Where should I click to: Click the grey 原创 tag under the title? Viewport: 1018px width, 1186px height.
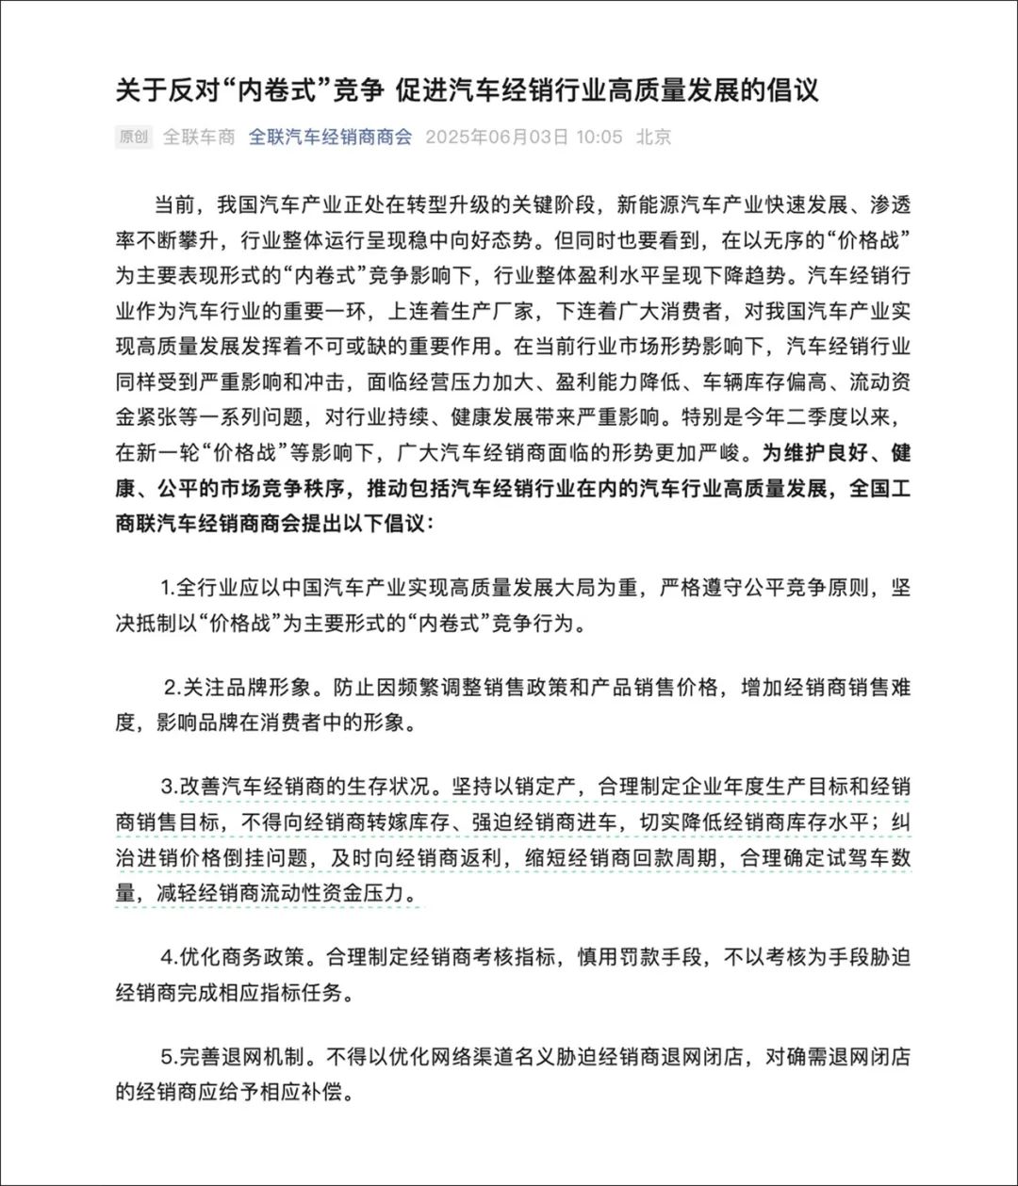click(x=134, y=137)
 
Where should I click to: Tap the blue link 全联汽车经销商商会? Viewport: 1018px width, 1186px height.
click(x=330, y=137)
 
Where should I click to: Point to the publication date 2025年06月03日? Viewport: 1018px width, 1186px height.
click(x=497, y=137)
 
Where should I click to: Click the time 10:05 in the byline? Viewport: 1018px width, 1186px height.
click(x=599, y=137)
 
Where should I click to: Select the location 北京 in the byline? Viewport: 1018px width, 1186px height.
click(x=653, y=137)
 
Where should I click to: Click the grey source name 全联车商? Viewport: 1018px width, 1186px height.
click(x=199, y=137)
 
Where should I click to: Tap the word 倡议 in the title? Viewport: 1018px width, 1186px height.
click(x=796, y=89)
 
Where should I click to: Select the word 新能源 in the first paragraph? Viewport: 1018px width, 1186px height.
click(x=648, y=203)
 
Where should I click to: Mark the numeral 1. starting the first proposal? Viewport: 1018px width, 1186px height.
click(x=168, y=589)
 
